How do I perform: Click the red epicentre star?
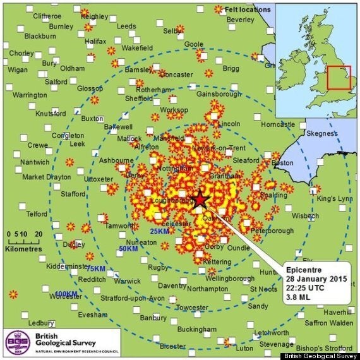coord(200,200)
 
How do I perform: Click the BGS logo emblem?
coord(14,340)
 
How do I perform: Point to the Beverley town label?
coord(241,20)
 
